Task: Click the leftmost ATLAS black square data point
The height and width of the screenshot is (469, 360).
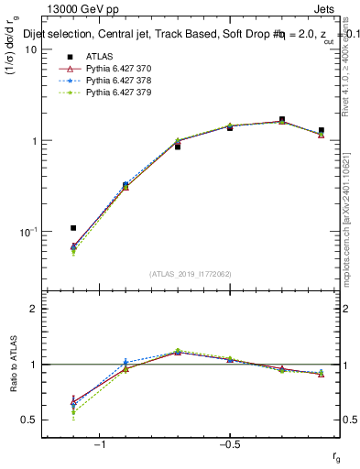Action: (x=73, y=228)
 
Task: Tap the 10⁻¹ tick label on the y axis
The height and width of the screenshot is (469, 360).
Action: (x=27, y=232)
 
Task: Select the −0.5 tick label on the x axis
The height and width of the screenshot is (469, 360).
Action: (x=229, y=444)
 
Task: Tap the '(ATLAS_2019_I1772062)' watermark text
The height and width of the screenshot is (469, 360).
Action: (x=191, y=274)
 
